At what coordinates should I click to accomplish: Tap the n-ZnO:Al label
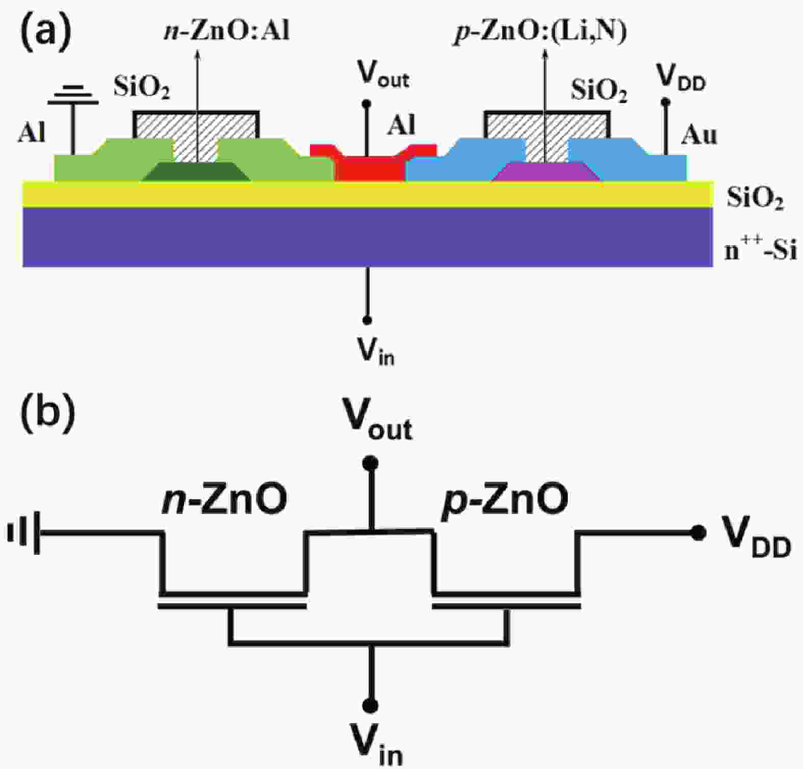click(226, 31)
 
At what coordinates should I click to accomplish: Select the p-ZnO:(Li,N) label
click(540, 32)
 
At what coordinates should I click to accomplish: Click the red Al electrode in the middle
click(369, 166)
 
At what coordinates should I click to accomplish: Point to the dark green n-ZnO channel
click(196, 172)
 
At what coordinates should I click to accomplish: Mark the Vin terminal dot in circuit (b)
click(371, 705)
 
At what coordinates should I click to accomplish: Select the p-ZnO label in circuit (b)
click(505, 500)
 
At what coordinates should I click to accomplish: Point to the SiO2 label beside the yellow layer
click(755, 198)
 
